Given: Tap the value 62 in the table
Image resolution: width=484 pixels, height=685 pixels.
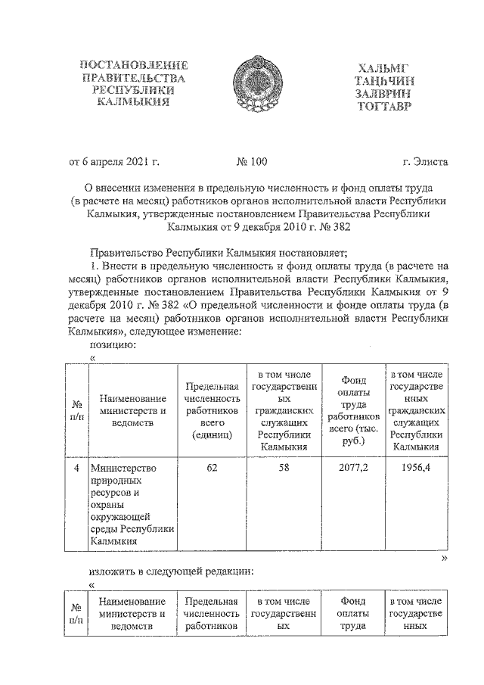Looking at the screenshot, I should [x=212, y=468].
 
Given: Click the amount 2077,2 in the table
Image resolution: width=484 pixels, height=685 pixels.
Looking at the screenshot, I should [x=349, y=468].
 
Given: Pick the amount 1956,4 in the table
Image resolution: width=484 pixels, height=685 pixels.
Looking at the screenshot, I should [x=415, y=468].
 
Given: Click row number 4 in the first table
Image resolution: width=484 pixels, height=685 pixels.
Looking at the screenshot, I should [x=76, y=468].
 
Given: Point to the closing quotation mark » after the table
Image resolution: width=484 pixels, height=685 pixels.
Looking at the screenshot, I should [x=445, y=557].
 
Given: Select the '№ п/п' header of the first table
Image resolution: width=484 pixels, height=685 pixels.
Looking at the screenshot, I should [x=76, y=411].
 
